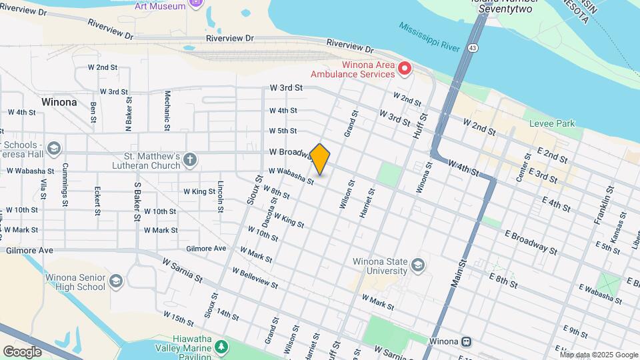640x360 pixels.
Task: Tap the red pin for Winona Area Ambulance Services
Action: pos(404,69)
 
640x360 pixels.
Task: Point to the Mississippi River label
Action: pos(430,37)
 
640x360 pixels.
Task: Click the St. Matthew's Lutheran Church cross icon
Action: pos(190,159)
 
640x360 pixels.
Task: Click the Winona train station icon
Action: pos(467,341)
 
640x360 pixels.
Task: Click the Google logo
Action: pos(22,351)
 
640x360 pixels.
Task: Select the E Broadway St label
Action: pos(531,243)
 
